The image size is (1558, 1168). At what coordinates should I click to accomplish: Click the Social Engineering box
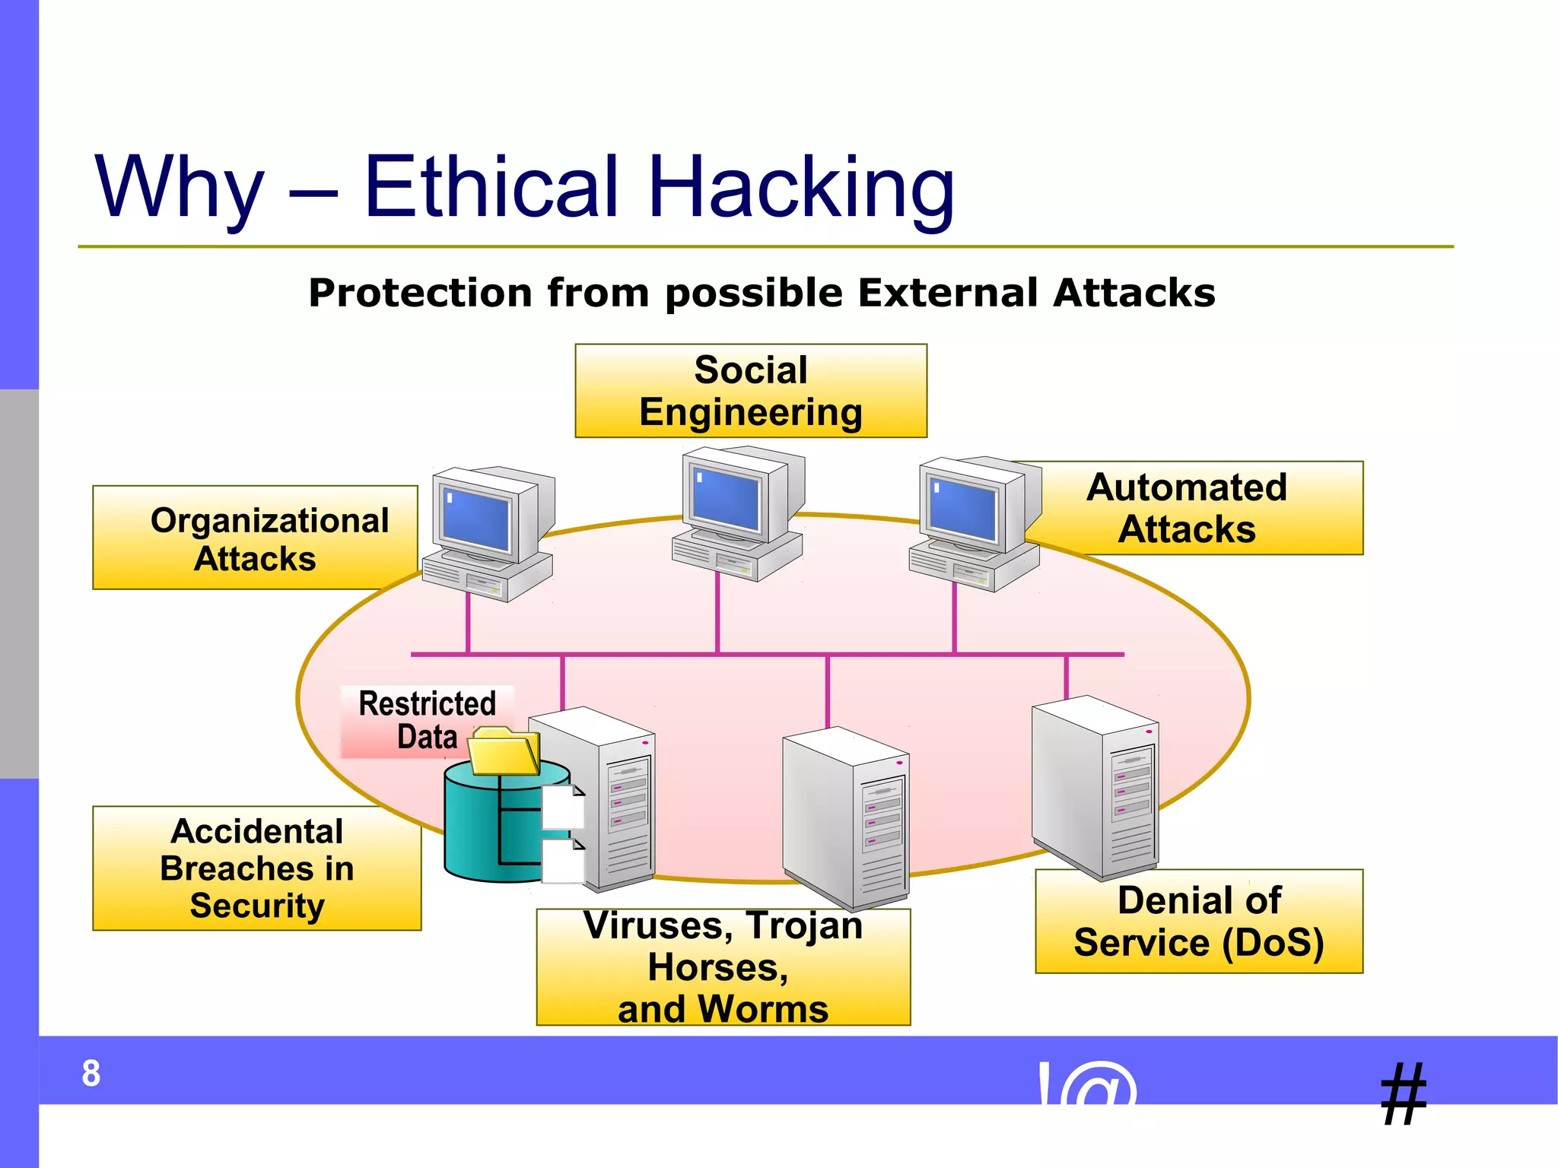pos(750,391)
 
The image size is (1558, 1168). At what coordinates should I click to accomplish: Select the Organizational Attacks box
pos(255,538)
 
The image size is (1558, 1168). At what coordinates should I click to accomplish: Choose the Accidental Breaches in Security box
pos(256,868)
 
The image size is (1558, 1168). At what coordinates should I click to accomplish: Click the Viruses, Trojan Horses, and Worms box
pos(723,967)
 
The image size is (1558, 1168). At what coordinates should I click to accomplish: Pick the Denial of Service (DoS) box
pos(1199,922)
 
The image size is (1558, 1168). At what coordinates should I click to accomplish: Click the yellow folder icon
pos(502,752)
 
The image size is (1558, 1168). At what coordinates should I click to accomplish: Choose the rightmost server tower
pos(1095,787)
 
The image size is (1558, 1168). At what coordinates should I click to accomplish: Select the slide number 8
pos(91,1074)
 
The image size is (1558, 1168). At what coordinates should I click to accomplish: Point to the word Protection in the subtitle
pos(420,293)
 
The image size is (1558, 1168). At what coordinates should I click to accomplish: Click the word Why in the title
pos(180,188)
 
